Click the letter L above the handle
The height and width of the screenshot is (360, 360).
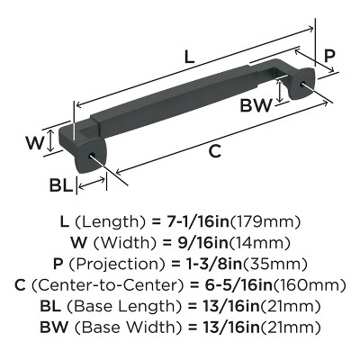tap(188, 56)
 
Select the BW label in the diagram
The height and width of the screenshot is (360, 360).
tap(256, 106)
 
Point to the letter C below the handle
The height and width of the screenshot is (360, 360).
tap(215, 151)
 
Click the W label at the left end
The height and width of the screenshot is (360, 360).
tap(33, 142)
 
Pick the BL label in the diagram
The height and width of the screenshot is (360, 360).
tap(60, 186)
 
